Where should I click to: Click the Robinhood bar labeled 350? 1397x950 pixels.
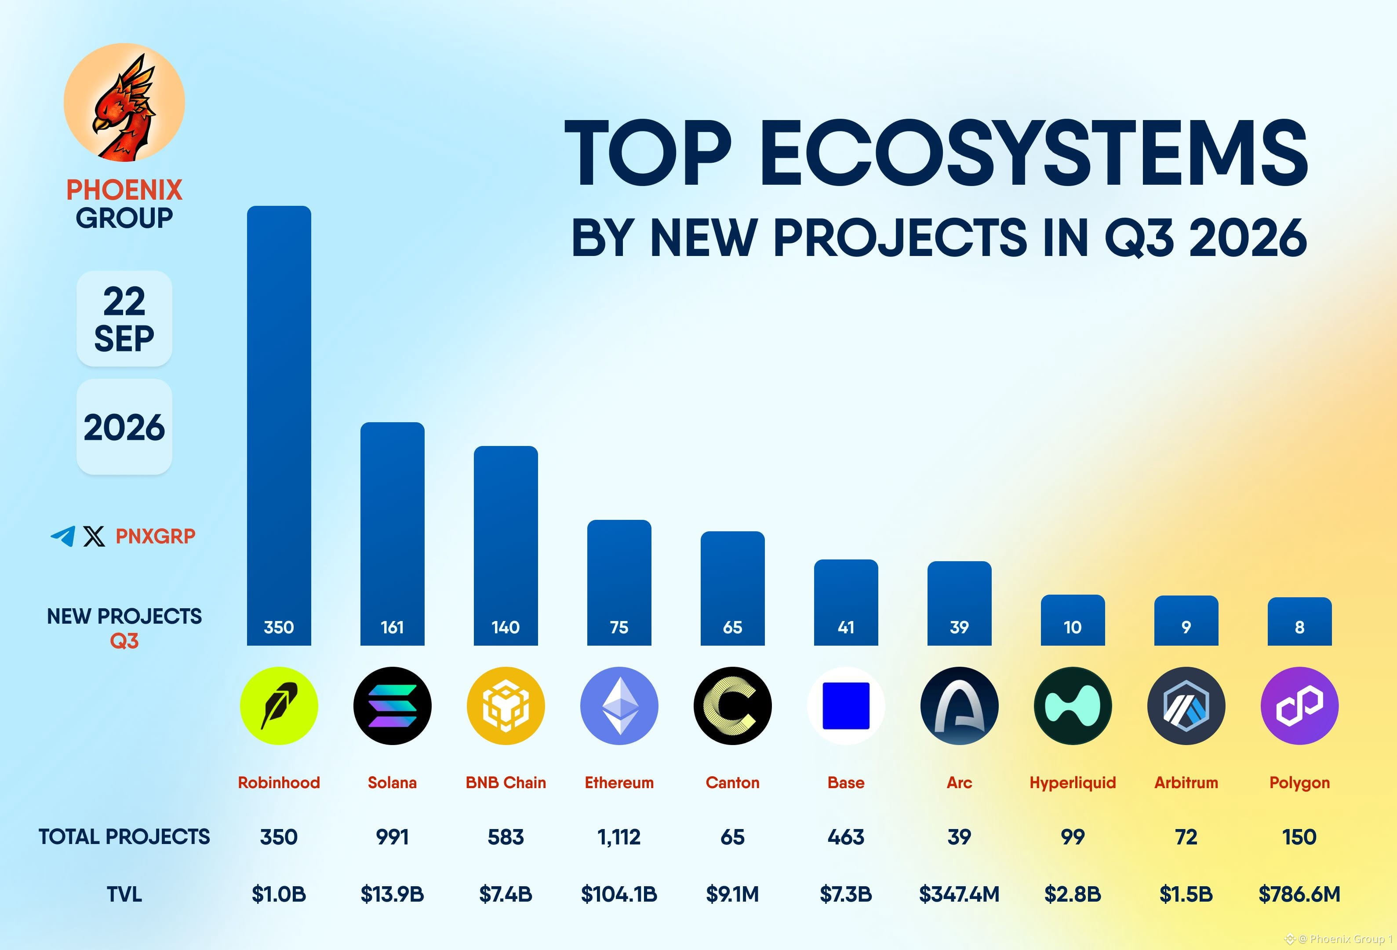(x=279, y=426)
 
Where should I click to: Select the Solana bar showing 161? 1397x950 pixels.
(x=393, y=534)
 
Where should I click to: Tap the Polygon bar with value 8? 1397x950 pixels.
(x=1299, y=621)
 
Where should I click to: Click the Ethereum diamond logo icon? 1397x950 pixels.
(x=619, y=706)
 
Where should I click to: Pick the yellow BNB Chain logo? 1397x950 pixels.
(x=506, y=706)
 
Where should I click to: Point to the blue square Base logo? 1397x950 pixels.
(x=846, y=706)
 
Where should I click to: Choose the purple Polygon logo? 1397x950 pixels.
(x=1299, y=706)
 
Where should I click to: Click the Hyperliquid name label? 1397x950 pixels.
(x=1073, y=783)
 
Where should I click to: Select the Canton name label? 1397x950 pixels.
(x=733, y=782)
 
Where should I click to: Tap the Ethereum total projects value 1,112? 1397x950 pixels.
(x=619, y=837)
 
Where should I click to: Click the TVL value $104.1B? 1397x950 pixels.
(x=619, y=894)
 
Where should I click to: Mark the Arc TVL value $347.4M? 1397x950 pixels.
(x=959, y=894)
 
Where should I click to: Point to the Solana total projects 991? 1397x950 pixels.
(x=393, y=837)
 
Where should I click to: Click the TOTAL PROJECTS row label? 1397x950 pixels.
(x=124, y=837)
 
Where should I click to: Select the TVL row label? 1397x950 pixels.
(x=124, y=894)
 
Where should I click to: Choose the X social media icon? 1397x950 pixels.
(x=94, y=536)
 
